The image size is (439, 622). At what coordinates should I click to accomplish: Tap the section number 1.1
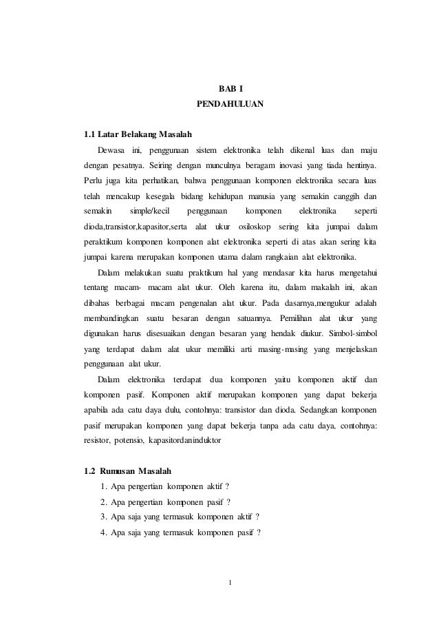(89, 134)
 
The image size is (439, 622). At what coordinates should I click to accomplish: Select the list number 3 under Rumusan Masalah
(103, 517)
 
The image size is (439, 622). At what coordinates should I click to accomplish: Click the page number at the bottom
(231, 587)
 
